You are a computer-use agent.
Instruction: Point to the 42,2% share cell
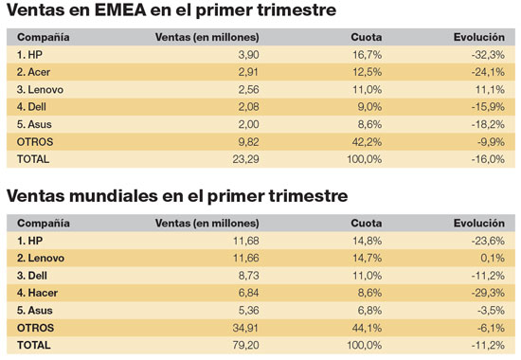(367, 142)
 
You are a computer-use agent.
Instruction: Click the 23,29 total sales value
(243, 159)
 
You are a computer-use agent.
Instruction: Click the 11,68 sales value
(243, 242)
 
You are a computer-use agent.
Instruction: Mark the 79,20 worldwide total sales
(243, 344)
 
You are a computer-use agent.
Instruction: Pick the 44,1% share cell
(367, 327)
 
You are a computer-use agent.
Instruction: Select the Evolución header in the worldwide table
(478, 223)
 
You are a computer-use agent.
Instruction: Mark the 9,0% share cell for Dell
(369, 108)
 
